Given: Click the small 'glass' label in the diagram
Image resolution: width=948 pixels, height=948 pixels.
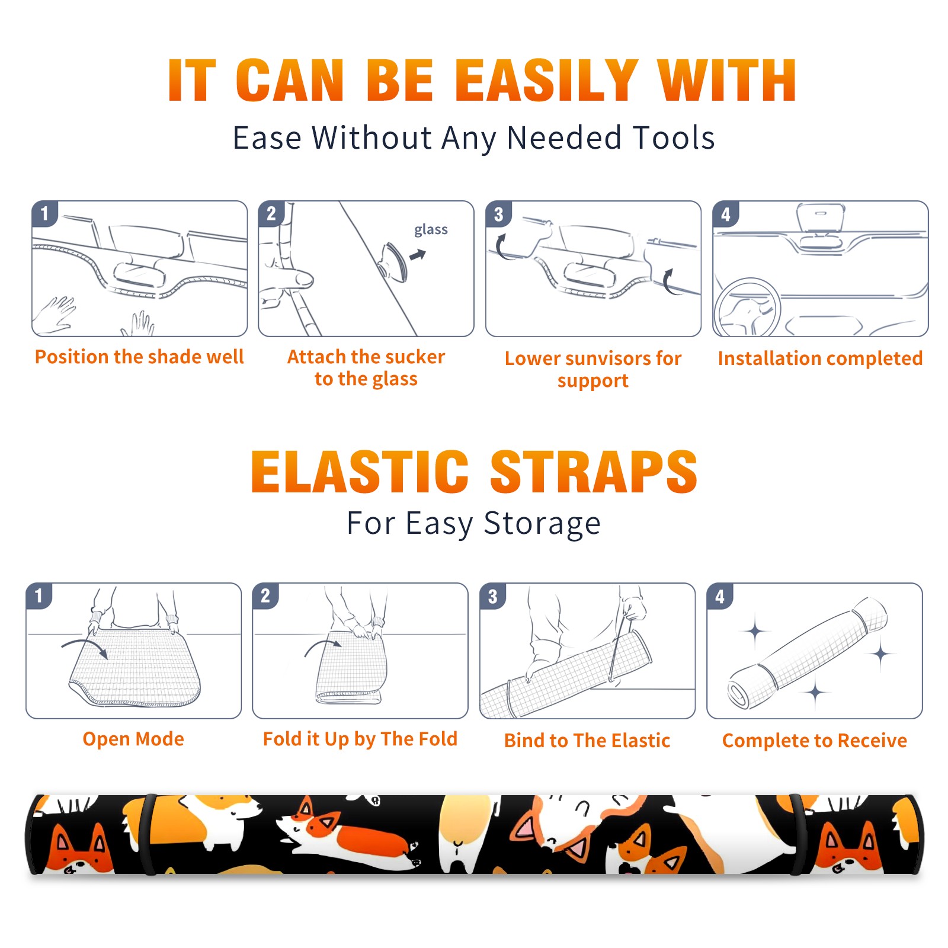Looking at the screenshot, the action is pyautogui.click(x=431, y=230).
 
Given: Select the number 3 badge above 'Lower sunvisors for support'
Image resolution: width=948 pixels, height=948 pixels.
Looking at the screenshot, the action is pyautogui.click(x=498, y=214).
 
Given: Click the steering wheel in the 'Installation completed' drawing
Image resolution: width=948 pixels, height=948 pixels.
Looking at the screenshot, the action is pyautogui.click(x=748, y=308).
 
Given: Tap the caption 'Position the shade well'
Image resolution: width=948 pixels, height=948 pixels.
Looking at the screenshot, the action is pyautogui.click(x=139, y=357).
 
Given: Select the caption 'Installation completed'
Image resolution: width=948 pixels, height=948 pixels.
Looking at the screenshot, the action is pyautogui.click(x=820, y=358).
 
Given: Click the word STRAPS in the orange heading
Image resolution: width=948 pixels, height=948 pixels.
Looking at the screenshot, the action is pyautogui.click(x=594, y=472).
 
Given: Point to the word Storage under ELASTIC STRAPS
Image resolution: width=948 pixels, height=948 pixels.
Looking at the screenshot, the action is pyautogui.click(x=542, y=524).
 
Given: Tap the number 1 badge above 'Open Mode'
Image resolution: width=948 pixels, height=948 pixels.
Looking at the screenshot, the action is pyautogui.click(x=39, y=595).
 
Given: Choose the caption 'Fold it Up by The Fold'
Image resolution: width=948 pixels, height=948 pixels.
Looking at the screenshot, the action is pyautogui.click(x=360, y=739).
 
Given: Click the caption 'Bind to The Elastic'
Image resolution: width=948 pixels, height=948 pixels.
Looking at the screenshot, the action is pyautogui.click(x=587, y=741).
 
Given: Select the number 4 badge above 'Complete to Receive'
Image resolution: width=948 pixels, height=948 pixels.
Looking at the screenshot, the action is pyautogui.click(x=720, y=596).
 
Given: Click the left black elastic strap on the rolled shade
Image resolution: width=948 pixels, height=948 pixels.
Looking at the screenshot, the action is pyautogui.click(x=148, y=834).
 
